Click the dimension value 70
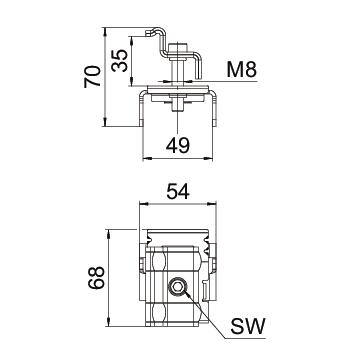pos(92,76)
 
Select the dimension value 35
pos(120,60)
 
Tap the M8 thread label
pos(242,70)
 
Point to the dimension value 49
pos(178,145)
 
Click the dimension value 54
pos(178,192)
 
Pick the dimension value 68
pos(97,277)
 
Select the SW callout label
pos(248,326)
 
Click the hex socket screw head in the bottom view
pos(177,286)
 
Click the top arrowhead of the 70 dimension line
pos(105,31)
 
